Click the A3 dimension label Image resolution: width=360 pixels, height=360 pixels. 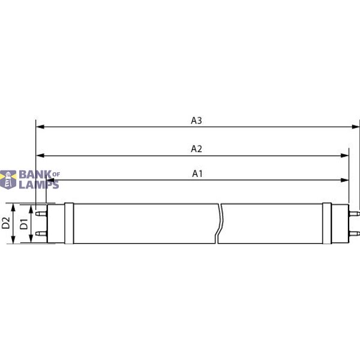[x=196, y=120]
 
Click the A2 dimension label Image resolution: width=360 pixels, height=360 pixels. [x=196, y=148]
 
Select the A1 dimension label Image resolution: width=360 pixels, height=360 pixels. [x=197, y=173]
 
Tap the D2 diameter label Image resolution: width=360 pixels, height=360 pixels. [x=6, y=224]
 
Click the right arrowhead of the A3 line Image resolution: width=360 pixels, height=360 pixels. [x=356, y=127]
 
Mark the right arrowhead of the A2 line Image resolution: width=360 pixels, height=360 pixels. [x=345, y=155]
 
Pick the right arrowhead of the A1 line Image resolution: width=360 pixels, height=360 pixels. [x=345, y=180]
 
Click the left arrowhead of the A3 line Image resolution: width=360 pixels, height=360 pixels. [x=40, y=127]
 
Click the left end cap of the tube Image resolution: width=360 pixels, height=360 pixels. [x=68, y=224]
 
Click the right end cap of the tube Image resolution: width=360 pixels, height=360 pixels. [x=327, y=224]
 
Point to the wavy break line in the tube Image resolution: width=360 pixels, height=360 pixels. [x=220, y=224]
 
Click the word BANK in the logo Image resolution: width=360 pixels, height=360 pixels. [x=35, y=175]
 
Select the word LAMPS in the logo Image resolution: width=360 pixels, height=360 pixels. [x=39, y=185]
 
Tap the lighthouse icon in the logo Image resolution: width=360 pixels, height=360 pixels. [x=9, y=179]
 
